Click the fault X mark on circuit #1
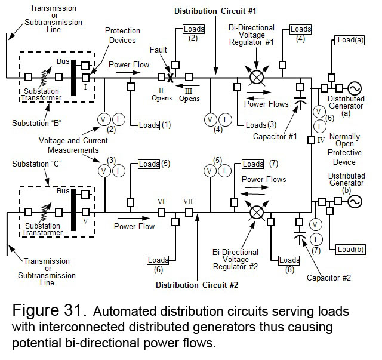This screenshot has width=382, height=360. click(x=170, y=77)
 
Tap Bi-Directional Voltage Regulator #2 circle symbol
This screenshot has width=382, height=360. click(x=257, y=211)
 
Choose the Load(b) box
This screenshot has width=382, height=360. click(x=350, y=249)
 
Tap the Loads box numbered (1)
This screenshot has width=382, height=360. click(x=149, y=125)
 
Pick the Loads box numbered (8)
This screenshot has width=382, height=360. click(x=289, y=260)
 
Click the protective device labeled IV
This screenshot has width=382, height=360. click(x=311, y=140)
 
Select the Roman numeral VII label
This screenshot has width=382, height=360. click(x=188, y=201)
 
